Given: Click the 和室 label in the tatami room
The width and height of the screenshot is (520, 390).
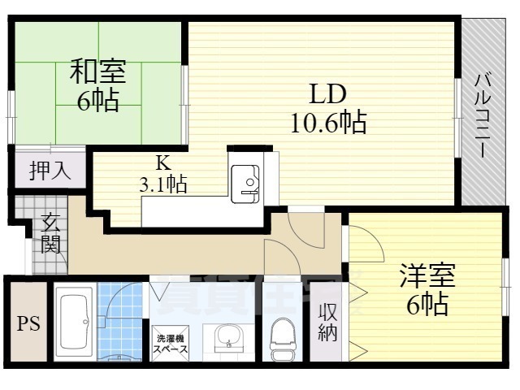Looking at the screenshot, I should point(97,72).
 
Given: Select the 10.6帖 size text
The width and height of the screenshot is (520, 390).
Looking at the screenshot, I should point(327,123).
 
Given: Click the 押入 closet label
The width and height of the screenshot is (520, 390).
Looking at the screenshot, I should point(50,171).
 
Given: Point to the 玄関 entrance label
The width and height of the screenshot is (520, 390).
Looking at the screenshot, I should point(50,232).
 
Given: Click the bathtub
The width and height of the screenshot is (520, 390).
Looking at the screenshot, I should point(75,323).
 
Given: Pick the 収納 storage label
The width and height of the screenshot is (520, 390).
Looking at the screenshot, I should point(327,323).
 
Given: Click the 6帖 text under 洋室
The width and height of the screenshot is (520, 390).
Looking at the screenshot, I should point(427,305).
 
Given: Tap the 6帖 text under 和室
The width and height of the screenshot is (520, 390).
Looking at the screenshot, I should point(97,102).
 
